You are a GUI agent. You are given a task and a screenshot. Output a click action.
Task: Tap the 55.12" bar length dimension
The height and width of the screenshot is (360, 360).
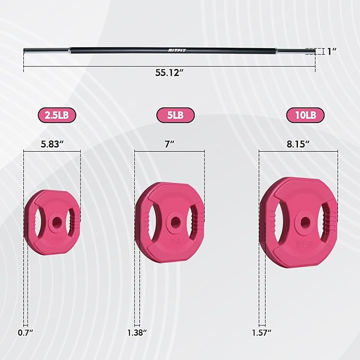pos(169,73)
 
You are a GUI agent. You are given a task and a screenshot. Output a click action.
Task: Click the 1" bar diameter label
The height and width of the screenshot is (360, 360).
pos(332,51)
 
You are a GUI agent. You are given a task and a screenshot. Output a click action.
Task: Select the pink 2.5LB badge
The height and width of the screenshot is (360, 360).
pos(57,115)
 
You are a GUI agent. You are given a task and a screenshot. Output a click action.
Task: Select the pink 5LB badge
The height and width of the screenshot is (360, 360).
pos(175,115)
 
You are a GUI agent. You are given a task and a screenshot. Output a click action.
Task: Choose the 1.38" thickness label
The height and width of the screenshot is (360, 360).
pos(136,333)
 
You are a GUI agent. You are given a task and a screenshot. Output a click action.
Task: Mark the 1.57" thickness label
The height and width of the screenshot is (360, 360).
pos(261,333)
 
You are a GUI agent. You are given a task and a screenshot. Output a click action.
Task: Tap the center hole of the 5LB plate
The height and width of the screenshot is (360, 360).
pos(173,221)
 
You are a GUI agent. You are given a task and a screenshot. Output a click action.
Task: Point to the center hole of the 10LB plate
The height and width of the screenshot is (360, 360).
pos(304,221)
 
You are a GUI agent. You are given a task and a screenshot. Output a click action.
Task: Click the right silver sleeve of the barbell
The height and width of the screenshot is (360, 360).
pos(294,51)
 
